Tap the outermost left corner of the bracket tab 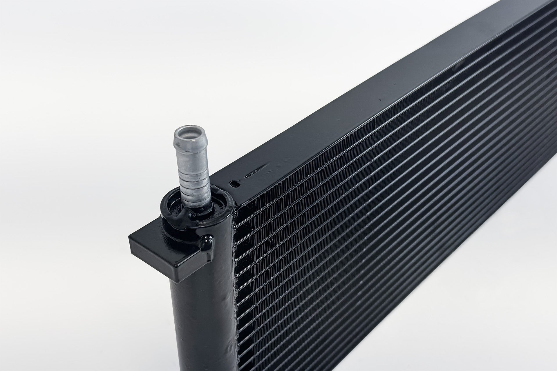pyautogui.click(x=130, y=238)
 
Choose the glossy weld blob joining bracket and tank pyautogui.click(x=206, y=243)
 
